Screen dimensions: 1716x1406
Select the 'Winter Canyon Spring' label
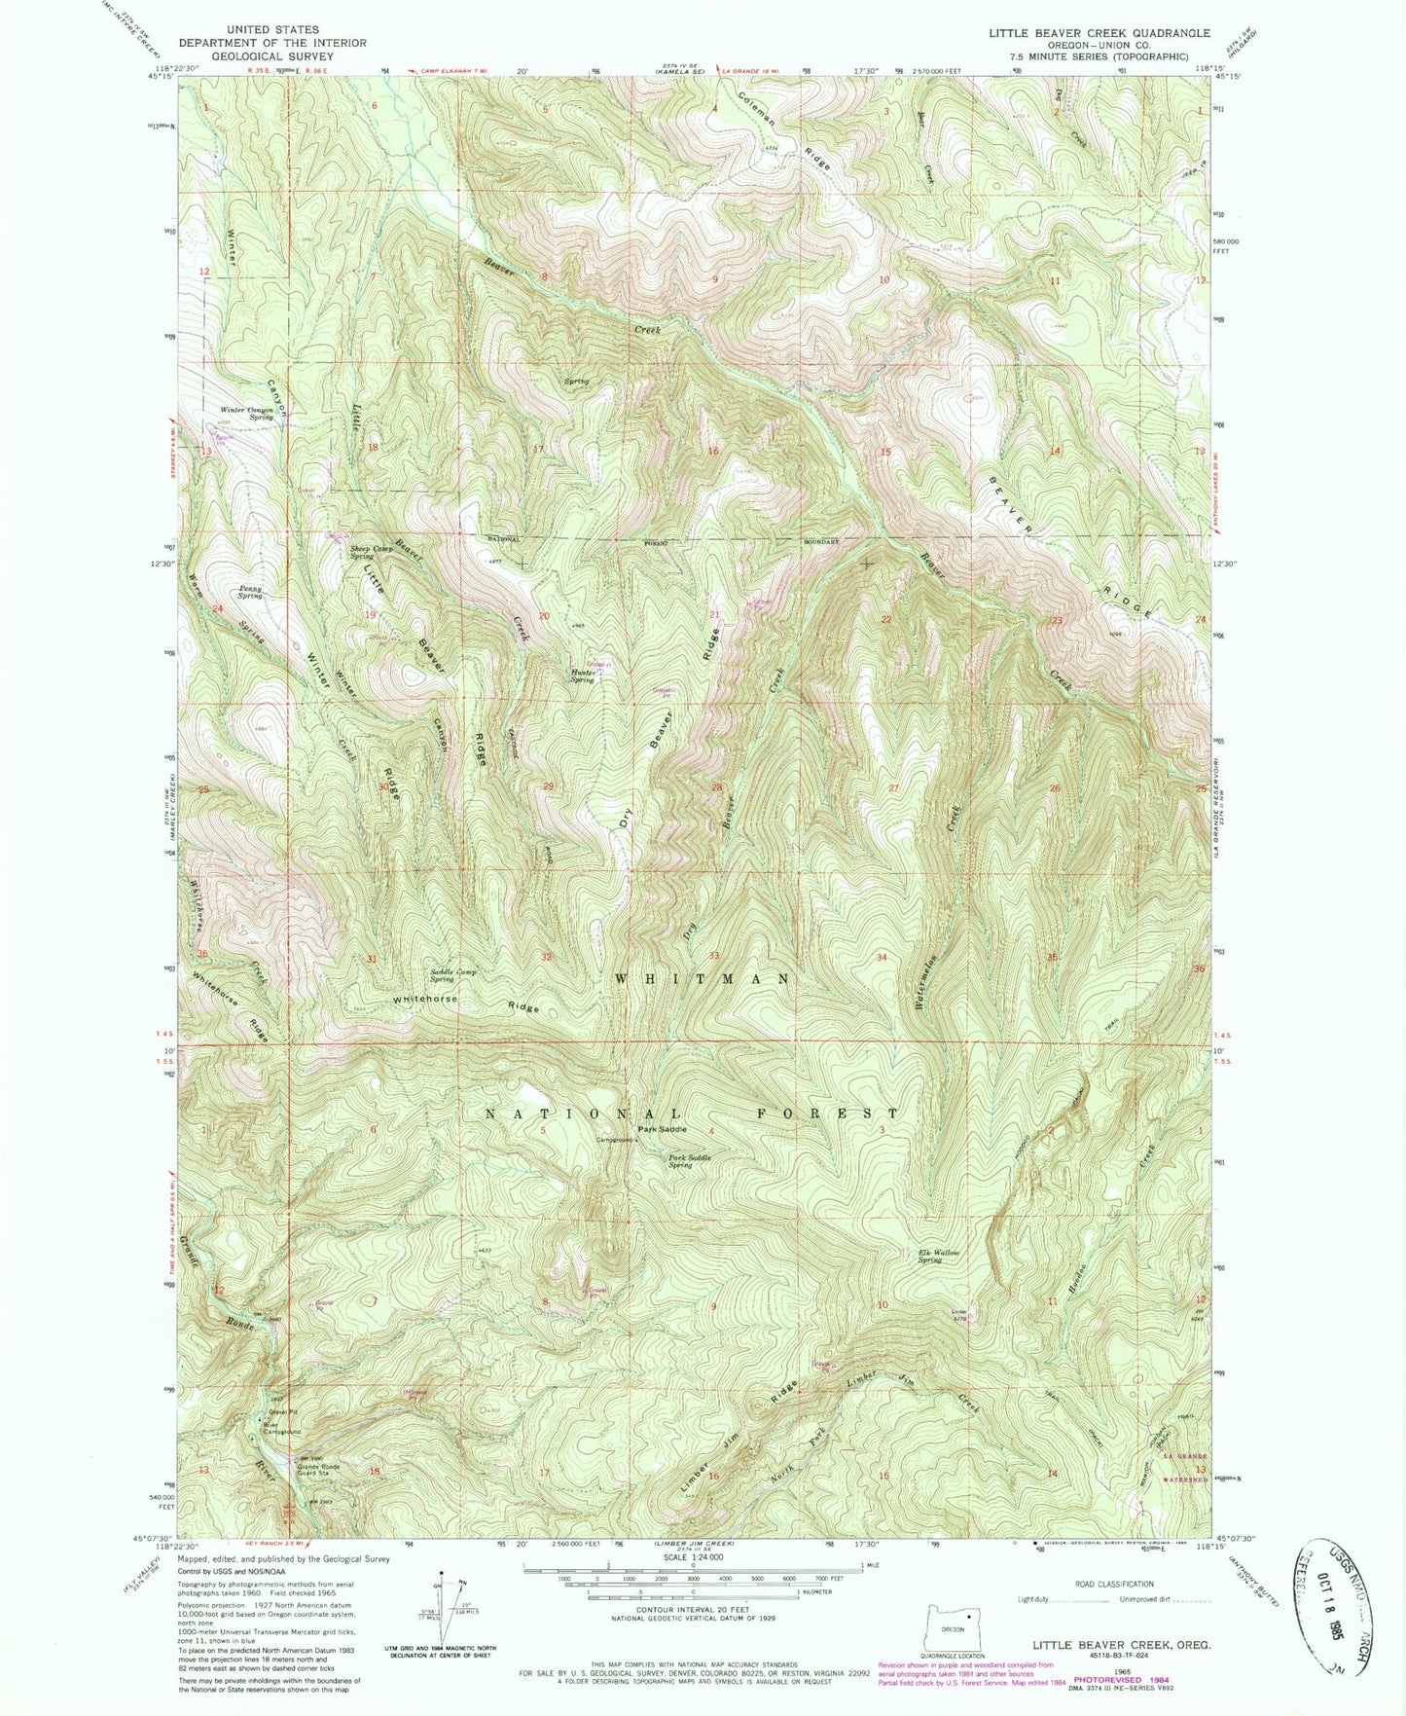246,413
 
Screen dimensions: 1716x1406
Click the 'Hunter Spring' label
582,675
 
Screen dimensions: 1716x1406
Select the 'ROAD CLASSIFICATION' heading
1114,1584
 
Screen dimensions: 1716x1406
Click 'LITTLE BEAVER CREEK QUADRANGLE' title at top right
1099,33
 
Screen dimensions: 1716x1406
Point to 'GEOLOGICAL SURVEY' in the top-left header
272,56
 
